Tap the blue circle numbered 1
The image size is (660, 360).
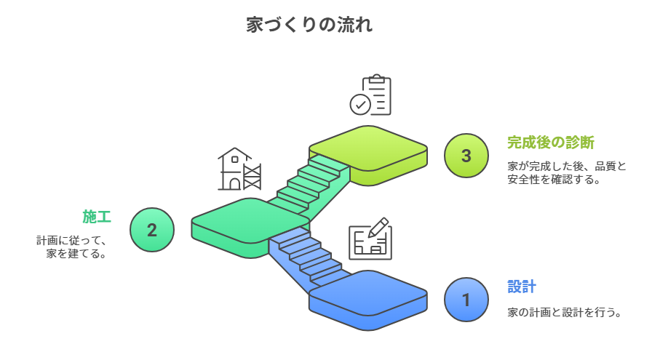(x=466, y=299)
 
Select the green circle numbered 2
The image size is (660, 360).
(x=152, y=230)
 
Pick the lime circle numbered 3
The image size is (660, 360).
(x=466, y=156)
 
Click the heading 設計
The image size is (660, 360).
(x=522, y=286)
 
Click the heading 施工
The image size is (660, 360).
(x=97, y=216)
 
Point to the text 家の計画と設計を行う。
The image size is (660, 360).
(x=565, y=313)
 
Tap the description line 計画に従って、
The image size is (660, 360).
(x=72, y=240)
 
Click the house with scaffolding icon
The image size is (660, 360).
(x=239, y=169)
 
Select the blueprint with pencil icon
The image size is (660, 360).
(x=370, y=238)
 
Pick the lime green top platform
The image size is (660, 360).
(x=367, y=149)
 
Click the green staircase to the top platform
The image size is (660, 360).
(x=313, y=182)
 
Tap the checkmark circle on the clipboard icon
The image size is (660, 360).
(x=359, y=105)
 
